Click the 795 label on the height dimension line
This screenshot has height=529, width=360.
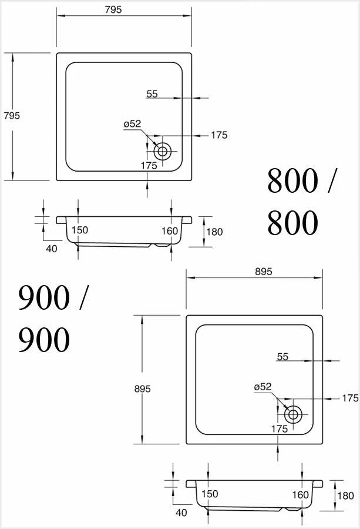pos(12,116)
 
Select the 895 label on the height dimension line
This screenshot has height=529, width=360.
pos(143,389)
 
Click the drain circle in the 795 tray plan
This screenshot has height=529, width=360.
pos(163,151)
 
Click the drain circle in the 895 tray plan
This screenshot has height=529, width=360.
pos(292,414)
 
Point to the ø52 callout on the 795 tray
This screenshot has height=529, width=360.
pos(132,123)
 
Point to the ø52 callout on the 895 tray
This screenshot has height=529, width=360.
pos(263,387)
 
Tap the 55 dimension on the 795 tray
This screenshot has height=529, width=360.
pos(152,93)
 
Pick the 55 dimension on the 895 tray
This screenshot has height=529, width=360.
pos(282,357)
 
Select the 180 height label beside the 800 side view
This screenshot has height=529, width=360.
pos(214,232)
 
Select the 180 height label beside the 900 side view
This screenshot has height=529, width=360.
pos(345,495)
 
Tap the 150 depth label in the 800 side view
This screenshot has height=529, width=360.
pos(79,230)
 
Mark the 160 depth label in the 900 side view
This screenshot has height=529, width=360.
pos(300,495)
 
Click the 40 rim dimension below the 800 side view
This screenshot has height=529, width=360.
pos(51,249)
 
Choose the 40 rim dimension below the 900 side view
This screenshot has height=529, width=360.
pos(181,513)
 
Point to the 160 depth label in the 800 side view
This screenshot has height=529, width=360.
pos(170,231)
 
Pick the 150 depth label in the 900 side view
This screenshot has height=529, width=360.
pos(210,494)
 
